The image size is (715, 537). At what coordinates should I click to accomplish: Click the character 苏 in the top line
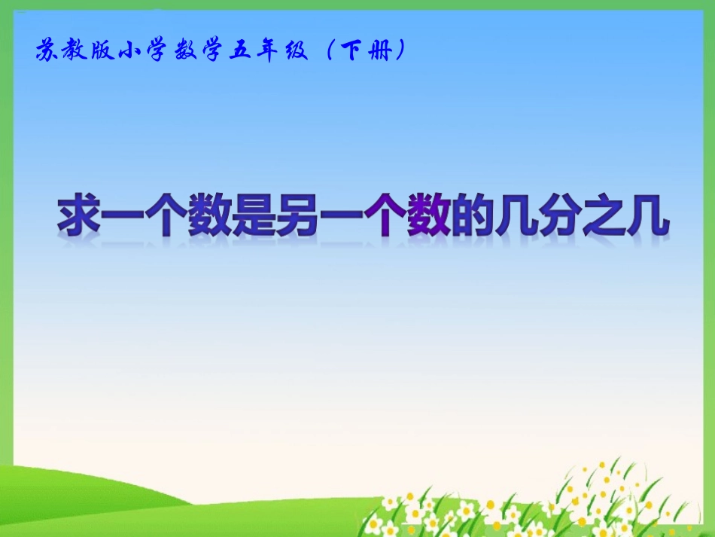[x=47, y=51]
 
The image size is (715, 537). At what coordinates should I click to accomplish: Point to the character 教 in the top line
[x=76, y=51]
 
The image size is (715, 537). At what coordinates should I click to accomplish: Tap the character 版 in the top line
[x=104, y=51]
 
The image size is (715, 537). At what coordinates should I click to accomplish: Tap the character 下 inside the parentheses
[x=351, y=51]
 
